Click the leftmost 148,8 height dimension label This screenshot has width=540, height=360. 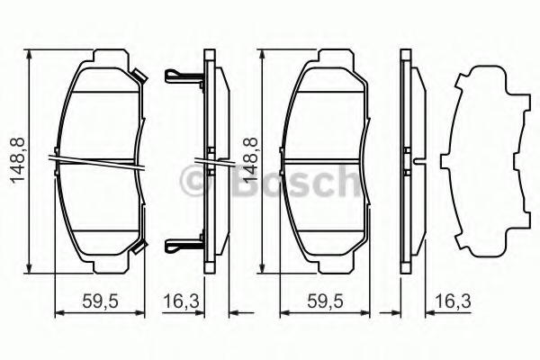(18, 160)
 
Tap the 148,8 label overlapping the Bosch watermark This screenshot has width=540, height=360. (250, 160)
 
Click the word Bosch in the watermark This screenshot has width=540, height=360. (295, 182)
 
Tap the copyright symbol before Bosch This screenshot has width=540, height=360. (195, 181)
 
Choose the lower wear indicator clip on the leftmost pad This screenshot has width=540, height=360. (139, 247)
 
